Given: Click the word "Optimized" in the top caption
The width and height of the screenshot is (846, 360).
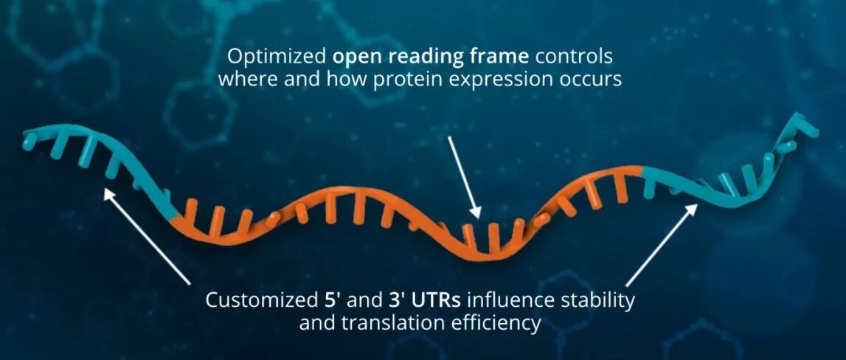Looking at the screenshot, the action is click(277, 56).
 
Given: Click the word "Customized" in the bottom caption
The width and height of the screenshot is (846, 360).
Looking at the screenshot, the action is click(257, 300).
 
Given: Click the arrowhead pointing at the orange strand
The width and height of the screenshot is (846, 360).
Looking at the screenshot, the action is click(474, 212).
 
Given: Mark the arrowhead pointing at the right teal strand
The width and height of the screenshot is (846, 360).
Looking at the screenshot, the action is click(692, 208).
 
